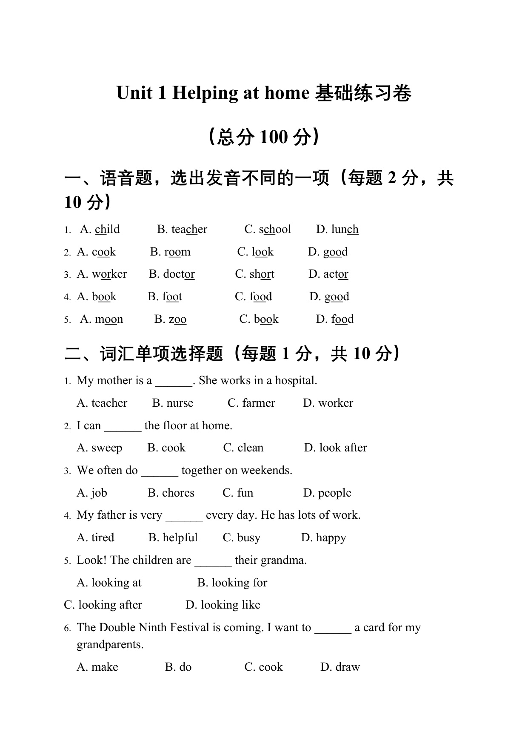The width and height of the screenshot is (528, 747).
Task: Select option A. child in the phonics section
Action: click(x=100, y=230)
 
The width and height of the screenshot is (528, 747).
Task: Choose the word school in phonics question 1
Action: click(x=275, y=230)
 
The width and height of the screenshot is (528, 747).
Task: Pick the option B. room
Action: click(x=170, y=252)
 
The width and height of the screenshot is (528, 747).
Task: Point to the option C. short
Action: click(x=254, y=274)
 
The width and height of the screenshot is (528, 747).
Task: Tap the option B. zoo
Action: click(x=170, y=319)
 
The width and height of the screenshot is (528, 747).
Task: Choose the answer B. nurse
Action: click(x=173, y=403)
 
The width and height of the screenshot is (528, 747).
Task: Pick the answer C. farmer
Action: click(x=251, y=403)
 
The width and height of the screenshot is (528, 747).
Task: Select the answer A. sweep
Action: click(x=100, y=448)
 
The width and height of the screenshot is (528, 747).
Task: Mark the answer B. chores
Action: click(x=171, y=493)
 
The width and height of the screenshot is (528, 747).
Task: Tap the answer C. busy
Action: click(x=242, y=538)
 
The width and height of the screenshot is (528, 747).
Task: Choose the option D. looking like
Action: click(x=223, y=605)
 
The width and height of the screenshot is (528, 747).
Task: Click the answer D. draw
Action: click(x=340, y=667)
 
